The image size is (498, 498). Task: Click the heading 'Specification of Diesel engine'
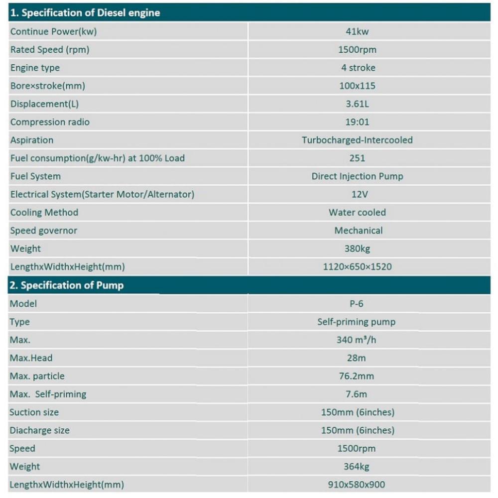click(x=85, y=13)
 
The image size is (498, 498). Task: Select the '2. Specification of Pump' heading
click(x=67, y=285)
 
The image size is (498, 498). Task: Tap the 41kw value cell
click(x=357, y=31)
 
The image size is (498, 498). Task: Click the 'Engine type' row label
click(x=35, y=68)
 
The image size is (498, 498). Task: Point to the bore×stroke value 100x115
click(x=357, y=86)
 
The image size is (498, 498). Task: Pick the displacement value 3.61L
click(x=357, y=104)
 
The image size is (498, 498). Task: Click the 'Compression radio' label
click(x=50, y=122)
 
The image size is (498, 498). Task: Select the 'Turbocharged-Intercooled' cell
click(x=357, y=140)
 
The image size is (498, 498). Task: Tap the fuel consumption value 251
click(x=357, y=158)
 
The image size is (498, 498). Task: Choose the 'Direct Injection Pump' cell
click(x=357, y=176)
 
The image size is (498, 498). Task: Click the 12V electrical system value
click(x=357, y=194)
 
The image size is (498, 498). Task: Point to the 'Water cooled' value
click(x=357, y=213)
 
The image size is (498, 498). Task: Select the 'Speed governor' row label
click(x=44, y=231)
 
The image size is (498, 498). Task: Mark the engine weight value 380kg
click(x=357, y=249)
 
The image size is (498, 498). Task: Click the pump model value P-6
click(x=357, y=304)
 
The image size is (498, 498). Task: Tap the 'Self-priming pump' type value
click(x=357, y=322)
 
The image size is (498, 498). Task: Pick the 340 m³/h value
click(x=357, y=340)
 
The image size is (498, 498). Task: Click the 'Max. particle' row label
click(x=37, y=376)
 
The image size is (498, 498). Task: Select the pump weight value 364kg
click(x=357, y=467)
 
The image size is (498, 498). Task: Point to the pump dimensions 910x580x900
click(x=357, y=485)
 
